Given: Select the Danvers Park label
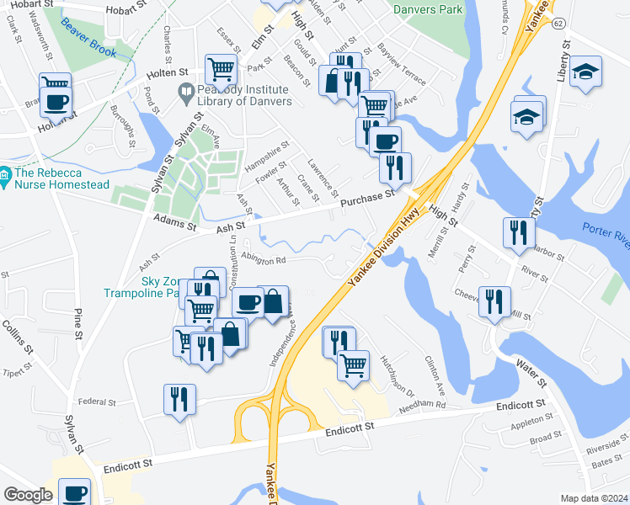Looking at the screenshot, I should click(428, 9).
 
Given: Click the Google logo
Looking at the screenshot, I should click(28, 495).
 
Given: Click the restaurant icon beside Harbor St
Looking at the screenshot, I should click(517, 231).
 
